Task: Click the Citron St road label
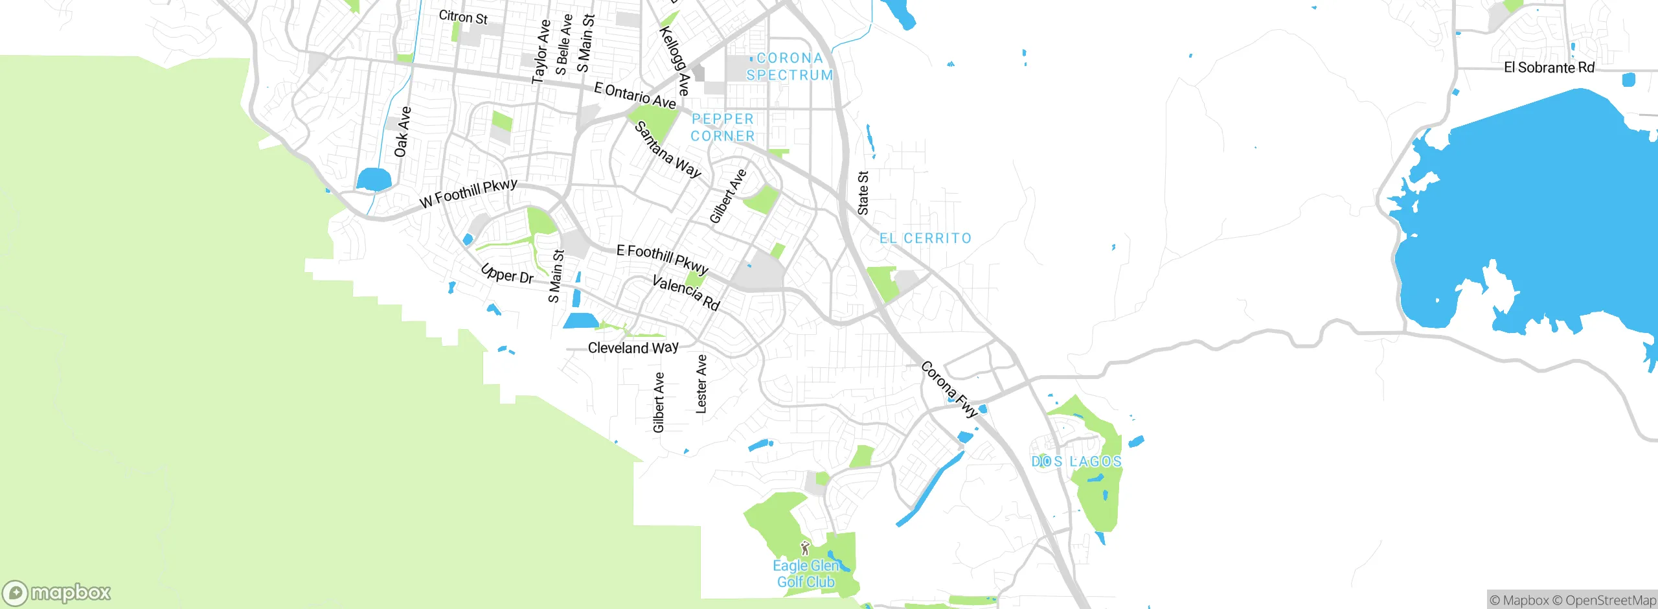pos(462,17)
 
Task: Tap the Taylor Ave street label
pos(541,52)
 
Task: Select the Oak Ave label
pos(402,132)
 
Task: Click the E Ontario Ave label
pos(635,95)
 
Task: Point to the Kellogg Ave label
pos(675,60)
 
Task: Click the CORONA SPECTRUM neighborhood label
pos(789,67)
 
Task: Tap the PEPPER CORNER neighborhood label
pos(723,128)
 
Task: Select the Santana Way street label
pos(668,150)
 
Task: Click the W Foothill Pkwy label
pos(468,193)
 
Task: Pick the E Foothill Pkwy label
pos(662,259)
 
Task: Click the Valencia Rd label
pos(686,293)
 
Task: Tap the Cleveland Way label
pos(633,348)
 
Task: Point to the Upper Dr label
pos(507,274)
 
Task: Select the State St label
pos(863,193)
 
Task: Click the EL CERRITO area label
pos(926,238)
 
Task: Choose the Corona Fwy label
pos(949,389)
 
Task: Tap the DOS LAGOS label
pos(1076,461)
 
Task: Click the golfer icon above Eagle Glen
pos(805,548)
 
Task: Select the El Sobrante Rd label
pos(1549,67)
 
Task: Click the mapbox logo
pos(57,592)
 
